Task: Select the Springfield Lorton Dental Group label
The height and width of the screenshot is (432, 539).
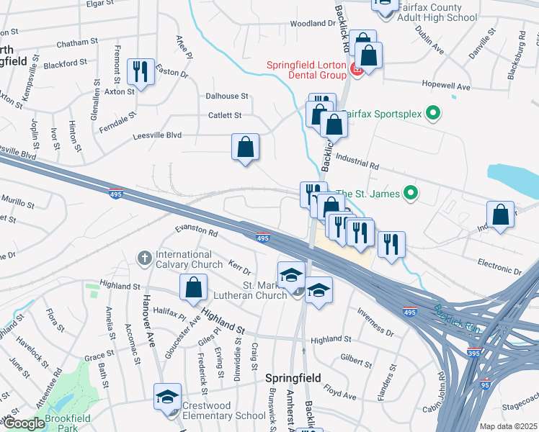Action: tap(307, 69)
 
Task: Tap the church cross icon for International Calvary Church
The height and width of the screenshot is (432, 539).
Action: tap(145, 257)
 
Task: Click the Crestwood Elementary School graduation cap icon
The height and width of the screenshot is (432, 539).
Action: tap(168, 397)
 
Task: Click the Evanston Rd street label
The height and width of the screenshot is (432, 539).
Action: tap(197, 232)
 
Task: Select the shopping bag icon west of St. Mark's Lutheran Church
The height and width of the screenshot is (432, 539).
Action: tap(194, 288)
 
